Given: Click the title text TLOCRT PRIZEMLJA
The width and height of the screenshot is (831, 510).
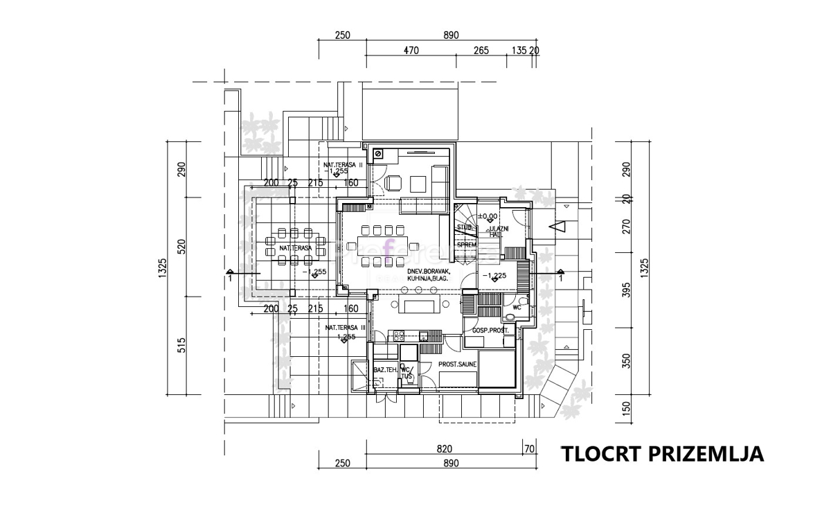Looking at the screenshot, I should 662,454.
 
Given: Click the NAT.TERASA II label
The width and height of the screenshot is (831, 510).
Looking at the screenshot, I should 343,165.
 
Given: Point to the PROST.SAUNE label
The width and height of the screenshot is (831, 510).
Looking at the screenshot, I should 456,365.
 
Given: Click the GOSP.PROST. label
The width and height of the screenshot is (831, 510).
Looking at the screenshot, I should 490,331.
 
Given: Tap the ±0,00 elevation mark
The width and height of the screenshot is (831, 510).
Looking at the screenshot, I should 488,217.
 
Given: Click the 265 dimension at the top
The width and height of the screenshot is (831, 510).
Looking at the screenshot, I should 482,50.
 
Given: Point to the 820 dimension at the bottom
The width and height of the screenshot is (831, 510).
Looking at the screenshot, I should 444,449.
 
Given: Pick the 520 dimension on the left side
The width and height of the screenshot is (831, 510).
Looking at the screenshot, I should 182,247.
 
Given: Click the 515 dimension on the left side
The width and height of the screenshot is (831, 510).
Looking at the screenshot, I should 182,344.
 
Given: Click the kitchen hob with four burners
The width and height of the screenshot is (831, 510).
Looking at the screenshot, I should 399,336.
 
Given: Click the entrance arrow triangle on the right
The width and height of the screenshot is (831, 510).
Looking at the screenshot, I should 557,226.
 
